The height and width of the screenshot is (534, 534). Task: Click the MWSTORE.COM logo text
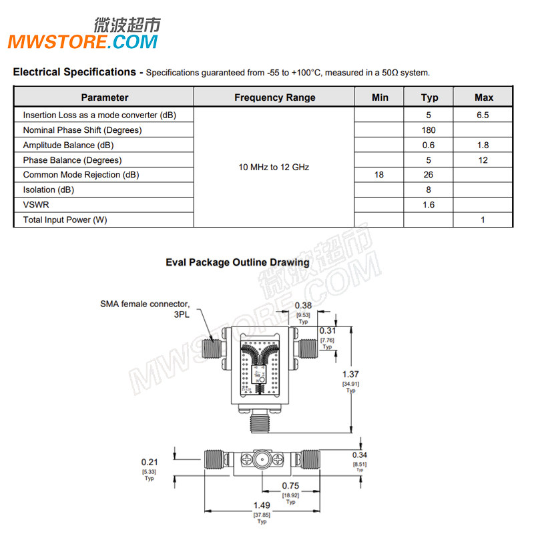point(83,42)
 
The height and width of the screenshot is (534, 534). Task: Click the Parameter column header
point(105,97)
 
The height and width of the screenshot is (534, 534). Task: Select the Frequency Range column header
point(274,97)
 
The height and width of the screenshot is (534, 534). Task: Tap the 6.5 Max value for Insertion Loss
point(483,115)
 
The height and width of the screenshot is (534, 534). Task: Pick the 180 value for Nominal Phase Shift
point(429,130)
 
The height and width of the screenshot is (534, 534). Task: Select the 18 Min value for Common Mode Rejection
point(379,175)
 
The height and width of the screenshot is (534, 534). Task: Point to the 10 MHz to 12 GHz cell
point(274,167)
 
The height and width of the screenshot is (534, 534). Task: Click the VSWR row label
point(36,205)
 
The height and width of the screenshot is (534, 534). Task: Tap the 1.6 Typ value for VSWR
point(429,205)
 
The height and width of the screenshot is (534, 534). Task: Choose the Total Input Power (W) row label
point(65,220)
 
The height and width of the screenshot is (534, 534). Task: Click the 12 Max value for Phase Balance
point(483,160)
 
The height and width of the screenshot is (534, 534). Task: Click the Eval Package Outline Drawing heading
point(237,262)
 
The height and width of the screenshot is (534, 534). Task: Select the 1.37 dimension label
point(350,374)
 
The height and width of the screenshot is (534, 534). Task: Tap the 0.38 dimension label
point(304,305)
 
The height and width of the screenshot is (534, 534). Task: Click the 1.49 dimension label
point(261,506)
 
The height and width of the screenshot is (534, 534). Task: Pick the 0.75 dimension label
point(290,485)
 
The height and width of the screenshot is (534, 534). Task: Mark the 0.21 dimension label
point(150,461)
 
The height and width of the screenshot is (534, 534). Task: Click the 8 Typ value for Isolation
point(429,190)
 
